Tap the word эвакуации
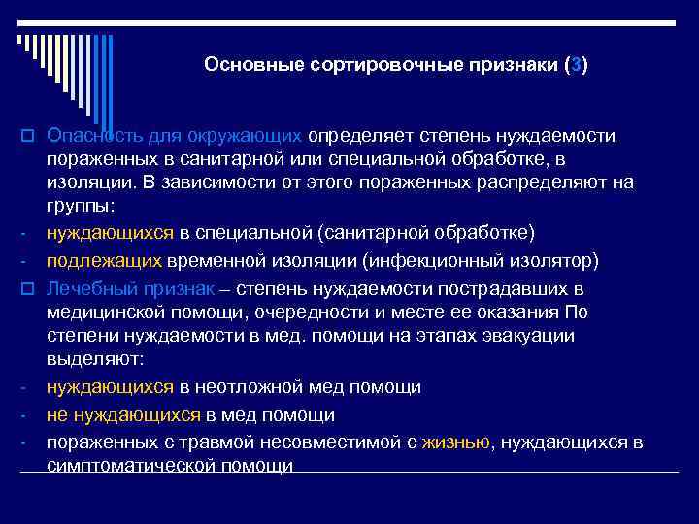[x=532, y=337]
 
